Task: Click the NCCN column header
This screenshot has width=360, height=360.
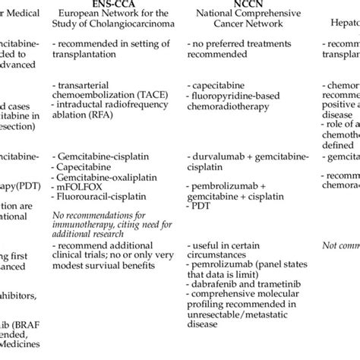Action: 231,4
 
